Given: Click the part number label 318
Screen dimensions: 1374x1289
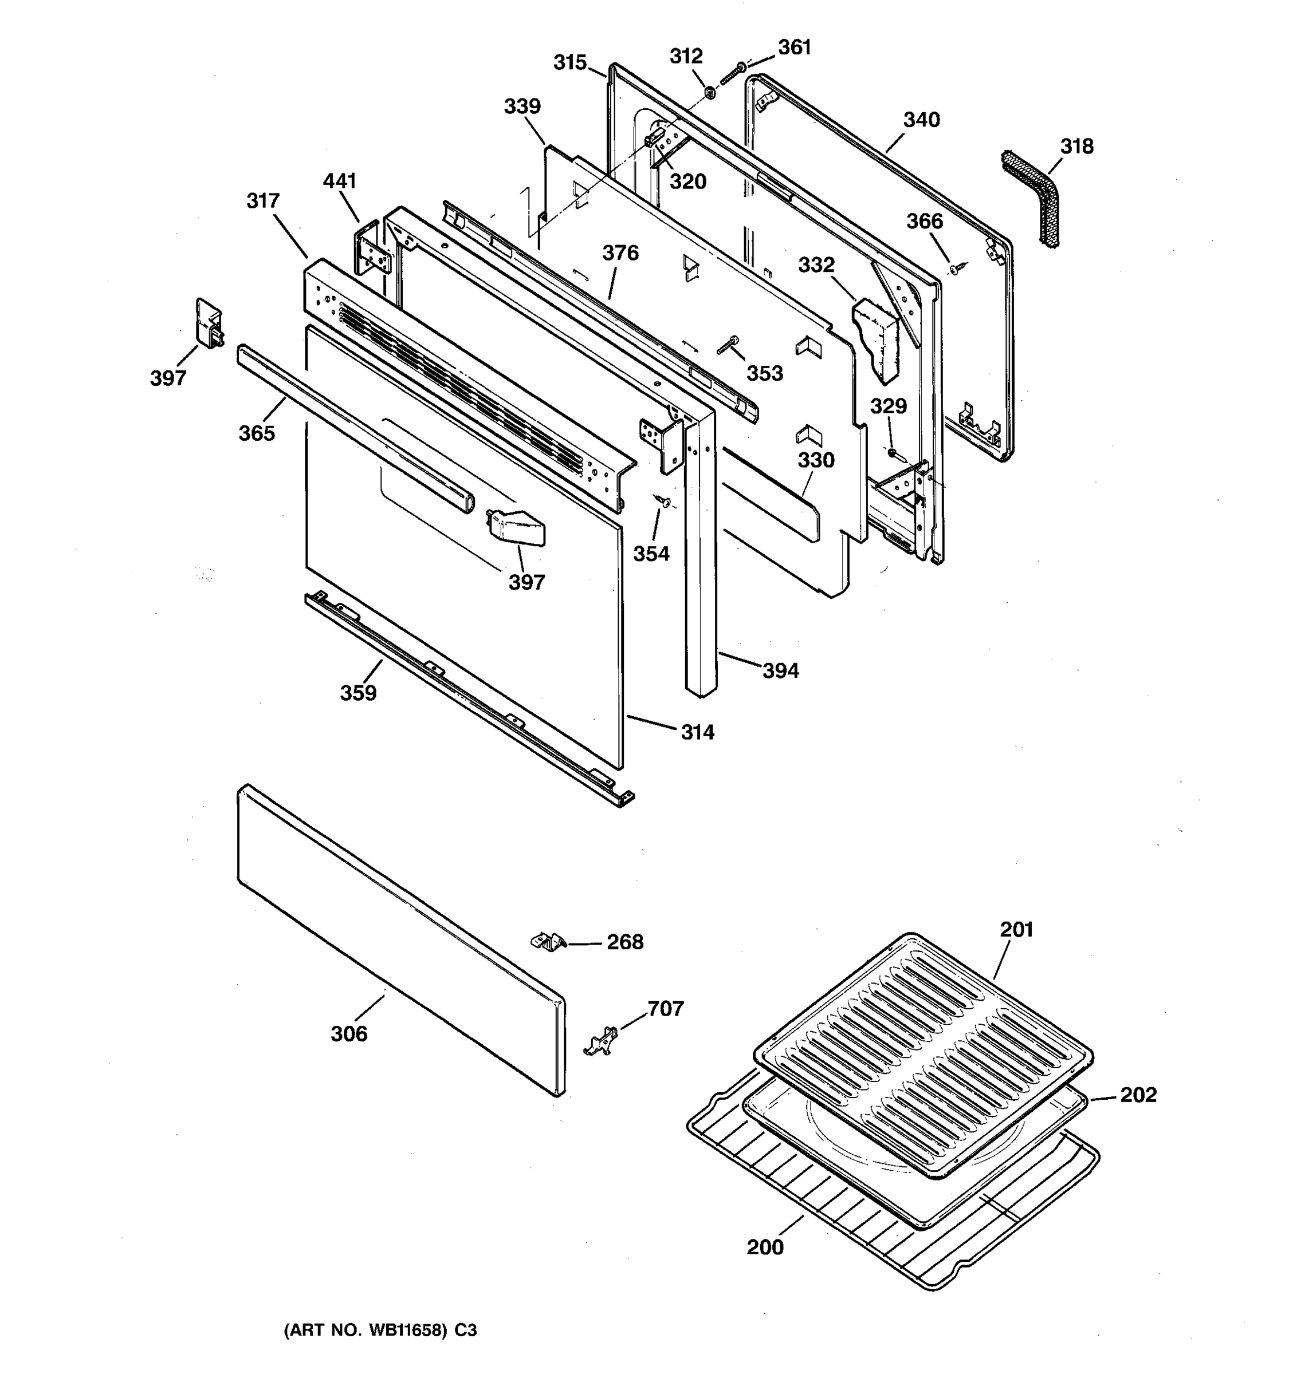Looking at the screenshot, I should pyautogui.click(x=1076, y=147).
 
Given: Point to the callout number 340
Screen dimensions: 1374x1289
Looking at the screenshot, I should pyautogui.click(x=921, y=120).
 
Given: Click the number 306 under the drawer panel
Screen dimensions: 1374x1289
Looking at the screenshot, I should pyautogui.click(x=348, y=1034).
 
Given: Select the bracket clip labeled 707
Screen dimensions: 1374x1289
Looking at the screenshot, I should pyautogui.click(x=600, y=1041).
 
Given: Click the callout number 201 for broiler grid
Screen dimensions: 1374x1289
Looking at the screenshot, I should pyautogui.click(x=1016, y=930).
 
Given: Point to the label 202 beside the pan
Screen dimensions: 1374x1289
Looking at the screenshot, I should pyautogui.click(x=1138, y=1095).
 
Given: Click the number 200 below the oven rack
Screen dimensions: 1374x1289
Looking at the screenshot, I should pyautogui.click(x=765, y=1247).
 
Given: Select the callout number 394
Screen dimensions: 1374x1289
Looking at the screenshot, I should pyautogui.click(x=780, y=670).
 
